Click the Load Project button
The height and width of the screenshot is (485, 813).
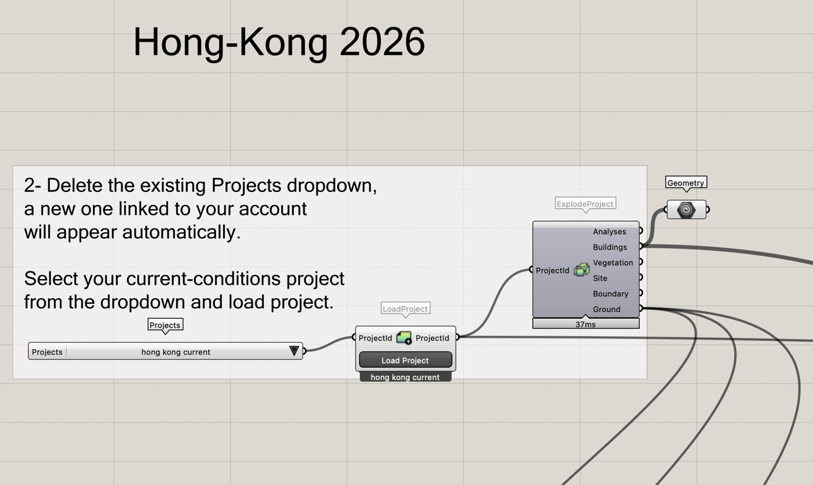coord(406,360)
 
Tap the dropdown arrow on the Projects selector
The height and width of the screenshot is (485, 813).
coord(294,350)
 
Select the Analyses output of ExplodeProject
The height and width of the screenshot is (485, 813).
coord(610,231)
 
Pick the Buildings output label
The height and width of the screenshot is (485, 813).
coord(610,247)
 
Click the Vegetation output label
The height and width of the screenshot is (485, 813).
coord(613,263)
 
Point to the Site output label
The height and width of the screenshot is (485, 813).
coord(600,278)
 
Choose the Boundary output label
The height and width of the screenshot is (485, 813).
coord(610,294)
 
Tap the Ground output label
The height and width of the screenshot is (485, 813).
coord(606,309)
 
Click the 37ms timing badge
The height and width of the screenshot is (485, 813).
coord(586,323)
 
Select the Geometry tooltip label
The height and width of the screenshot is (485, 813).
coord(686,183)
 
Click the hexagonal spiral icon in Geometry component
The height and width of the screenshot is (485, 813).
coord(686,210)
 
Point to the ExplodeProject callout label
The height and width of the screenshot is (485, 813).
coord(586,204)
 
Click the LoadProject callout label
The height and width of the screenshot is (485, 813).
coord(406,309)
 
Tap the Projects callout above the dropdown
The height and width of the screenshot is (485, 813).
coord(165,325)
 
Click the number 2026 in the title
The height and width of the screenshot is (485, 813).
coord(382,42)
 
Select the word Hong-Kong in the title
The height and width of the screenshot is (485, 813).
coord(231,43)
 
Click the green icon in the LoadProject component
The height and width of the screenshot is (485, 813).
coord(404,338)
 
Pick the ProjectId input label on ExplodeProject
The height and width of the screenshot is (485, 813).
coord(552,270)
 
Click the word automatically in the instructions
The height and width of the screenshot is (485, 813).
coord(181,232)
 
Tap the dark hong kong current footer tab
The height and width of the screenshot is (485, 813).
coord(406,377)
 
